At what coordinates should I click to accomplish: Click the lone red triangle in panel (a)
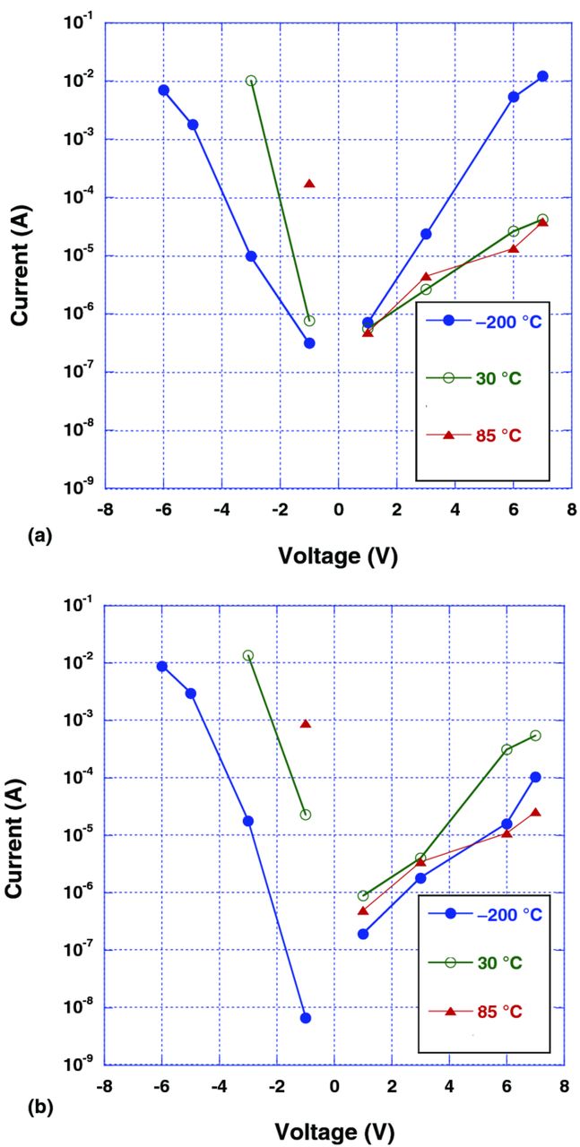309,184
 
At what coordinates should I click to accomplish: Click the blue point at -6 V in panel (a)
164,90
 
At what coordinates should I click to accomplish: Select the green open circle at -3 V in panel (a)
251,81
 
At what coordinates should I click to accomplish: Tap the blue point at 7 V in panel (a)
542,76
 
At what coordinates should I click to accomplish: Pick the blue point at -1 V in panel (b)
306,1018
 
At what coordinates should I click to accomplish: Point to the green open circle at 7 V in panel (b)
535,736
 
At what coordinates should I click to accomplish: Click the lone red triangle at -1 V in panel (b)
306,724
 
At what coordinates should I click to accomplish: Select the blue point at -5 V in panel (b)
191,694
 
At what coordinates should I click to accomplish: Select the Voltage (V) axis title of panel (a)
338,556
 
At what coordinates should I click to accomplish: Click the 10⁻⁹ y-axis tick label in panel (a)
77,489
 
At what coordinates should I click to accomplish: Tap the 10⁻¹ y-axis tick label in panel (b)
77,606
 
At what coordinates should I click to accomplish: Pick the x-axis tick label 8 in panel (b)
563,1086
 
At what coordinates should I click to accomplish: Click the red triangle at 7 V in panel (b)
535,813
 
